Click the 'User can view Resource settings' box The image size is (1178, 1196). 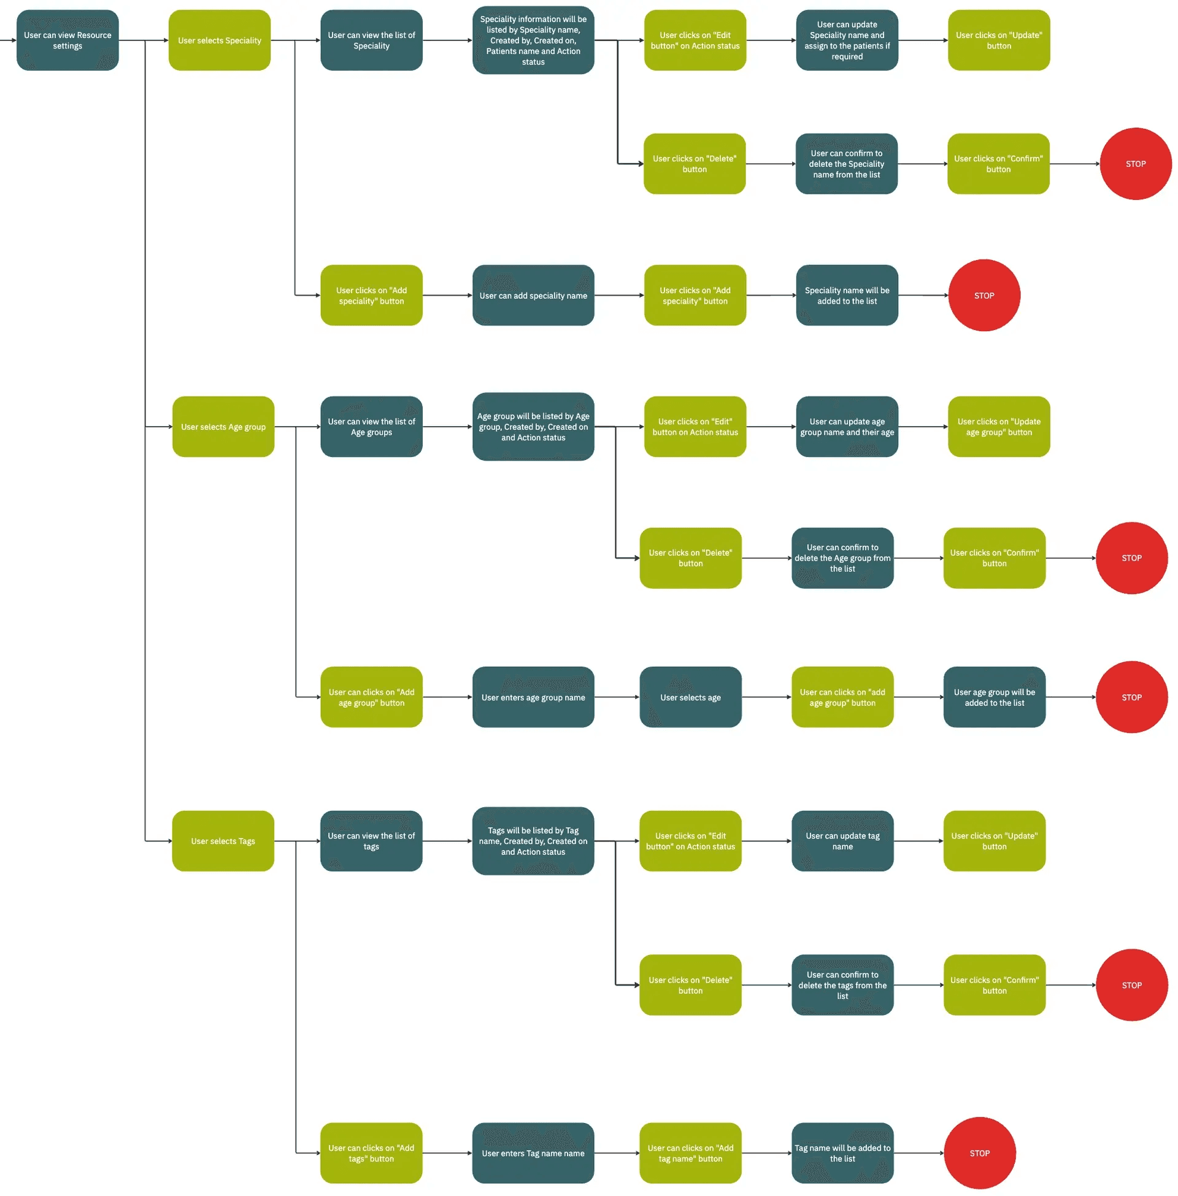pyautogui.click(x=67, y=40)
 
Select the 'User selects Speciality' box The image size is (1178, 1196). pyautogui.click(x=219, y=40)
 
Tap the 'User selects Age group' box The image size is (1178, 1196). pyautogui.click(x=223, y=427)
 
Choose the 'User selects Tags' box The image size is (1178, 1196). pyautogui.click(x=223, y=841)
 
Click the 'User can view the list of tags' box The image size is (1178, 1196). pyautogui.click(x=371, y=841)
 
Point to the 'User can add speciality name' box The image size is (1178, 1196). pyautogui.click(x=533, y=296)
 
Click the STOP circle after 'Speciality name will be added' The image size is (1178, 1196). pyautogui.click(x=984, y=296)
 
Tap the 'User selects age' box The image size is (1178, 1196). pyautogui.click(x=690, y=697)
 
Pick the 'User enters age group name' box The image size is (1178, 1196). pyautogui.click(x=533, y=697)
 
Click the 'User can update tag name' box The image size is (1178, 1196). pyautogui.click(x=842, y=841)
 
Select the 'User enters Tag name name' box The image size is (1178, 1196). pyautogui.click(x=533, y=1152)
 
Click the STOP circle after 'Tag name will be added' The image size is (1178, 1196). pyautogui.click(x=979, y=1152)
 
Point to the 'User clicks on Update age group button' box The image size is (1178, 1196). pyautogui.click(x=999, y=427)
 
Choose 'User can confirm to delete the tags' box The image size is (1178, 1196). pyautogui.click(x=842, y=984)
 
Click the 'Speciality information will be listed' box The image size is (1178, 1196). pyautogui.click(x=533, y=40)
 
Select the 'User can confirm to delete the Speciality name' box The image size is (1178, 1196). pyautogui.click(x=845, y=164)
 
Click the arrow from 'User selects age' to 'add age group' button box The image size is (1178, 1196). pyautogui.click(x=766, y=697)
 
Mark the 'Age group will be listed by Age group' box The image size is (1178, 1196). pyautogui.click(x=533, y=427)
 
